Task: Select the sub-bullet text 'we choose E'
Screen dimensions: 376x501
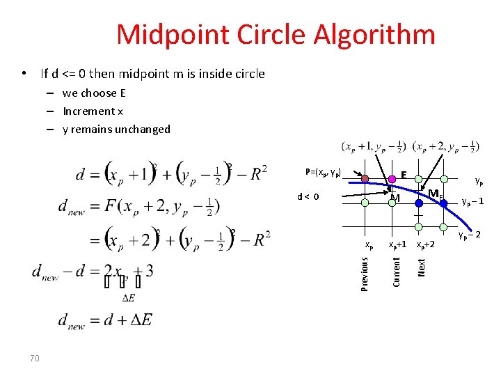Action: (94, 93)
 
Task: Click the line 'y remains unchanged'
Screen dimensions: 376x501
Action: (116, 129)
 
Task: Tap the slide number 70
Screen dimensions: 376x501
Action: (35, 358)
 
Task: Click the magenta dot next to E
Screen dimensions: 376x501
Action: (392, 178)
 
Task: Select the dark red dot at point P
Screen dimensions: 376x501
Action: (366, 178)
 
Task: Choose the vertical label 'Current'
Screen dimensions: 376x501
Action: (396, 271)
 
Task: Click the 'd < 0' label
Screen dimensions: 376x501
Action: (308, 196)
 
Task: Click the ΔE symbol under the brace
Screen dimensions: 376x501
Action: (129, 298)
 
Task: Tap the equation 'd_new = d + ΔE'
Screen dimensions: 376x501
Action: (104, 322)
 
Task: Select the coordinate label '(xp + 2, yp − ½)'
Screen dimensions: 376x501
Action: (445, 147)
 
